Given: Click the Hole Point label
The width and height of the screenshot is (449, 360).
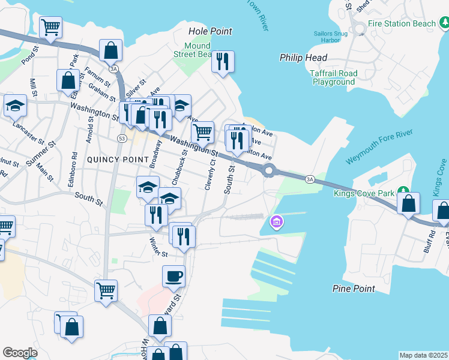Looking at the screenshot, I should [210, 31].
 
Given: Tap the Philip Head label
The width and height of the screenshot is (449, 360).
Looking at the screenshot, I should [303, 58].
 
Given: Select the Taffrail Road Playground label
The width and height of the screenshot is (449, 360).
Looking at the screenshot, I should [334, 77].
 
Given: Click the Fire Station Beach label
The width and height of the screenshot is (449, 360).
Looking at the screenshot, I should [402, 23].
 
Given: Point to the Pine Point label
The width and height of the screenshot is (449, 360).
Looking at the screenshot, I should [354, 289].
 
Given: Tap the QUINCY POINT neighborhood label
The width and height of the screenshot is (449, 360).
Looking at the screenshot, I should [117, 159].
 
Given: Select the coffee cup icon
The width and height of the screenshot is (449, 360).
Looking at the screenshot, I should [174, 276].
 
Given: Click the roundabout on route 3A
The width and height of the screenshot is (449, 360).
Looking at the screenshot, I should [268, 171].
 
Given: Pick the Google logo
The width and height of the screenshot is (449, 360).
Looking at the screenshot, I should [20, 353].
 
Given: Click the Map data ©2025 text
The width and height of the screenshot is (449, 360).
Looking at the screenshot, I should [424, 355].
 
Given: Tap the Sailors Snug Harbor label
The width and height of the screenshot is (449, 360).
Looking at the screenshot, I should [331, 37].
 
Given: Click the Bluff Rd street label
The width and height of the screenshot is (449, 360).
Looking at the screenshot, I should [427, 239].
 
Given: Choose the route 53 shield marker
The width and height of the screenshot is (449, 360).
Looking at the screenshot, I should [122, 139].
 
